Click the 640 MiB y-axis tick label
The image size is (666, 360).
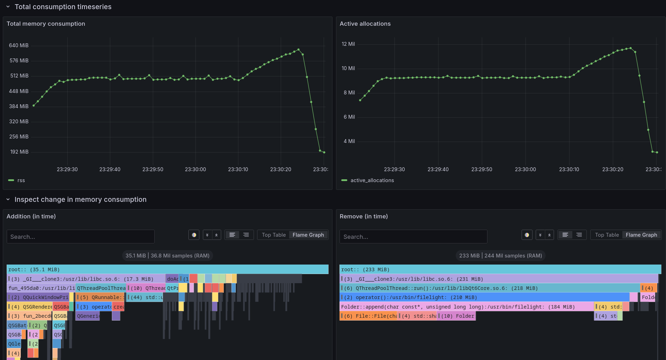coord(19,45)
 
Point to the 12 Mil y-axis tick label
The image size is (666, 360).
coord(348,44)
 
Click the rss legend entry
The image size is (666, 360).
coord(21,180)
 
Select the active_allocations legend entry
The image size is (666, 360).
coord(372,180)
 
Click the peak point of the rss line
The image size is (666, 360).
coord(298,50)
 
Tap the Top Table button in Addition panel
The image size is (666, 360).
coord(274,235)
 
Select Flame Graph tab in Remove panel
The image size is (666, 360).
coord(641,235)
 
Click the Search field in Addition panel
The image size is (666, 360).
coord(80,237)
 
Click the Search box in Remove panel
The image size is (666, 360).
coord(413,237)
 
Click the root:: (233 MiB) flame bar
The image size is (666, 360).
coord(500,269)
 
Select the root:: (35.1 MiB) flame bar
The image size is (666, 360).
coord(167,269)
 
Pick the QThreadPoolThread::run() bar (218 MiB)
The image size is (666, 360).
coord(490,288)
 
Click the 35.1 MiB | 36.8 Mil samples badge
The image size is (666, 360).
coord(167,256)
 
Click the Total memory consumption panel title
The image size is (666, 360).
coord(46,24)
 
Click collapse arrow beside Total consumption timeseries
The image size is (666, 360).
coord(8,7)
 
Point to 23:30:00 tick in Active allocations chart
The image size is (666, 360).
coord(525,169)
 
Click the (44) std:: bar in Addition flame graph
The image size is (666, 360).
coord(144,297)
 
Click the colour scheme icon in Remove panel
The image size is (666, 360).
coord(527,235)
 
